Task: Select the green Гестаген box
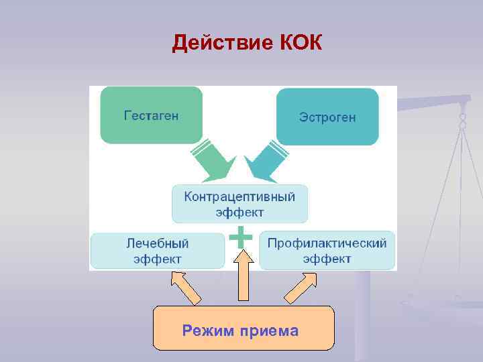tap(151, 115)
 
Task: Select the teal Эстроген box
tap(327, 117)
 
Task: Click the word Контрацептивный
tap(239, 196)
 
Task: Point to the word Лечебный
tap(157, 243)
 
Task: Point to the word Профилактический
tap(327, 243)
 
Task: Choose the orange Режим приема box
tap(243, 328)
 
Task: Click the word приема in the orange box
tap(271, 330)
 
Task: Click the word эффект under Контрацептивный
tap(239, 213)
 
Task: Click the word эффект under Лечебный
tap(157, 259)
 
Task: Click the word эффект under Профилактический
tap(327, 259)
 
